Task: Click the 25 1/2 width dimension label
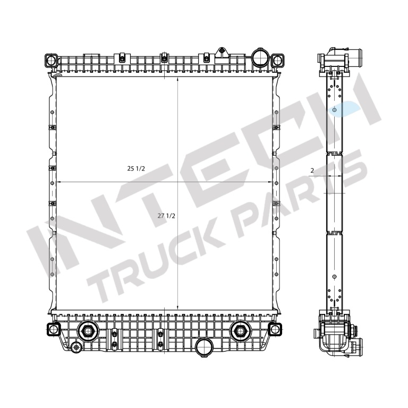click(136, 168)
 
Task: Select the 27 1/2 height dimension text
click(166, 216)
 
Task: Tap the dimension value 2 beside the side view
click(312, 171)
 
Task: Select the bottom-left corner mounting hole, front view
click(53, 329)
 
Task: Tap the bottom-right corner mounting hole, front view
click(275, 329)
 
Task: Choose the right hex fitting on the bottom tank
click(240, 331)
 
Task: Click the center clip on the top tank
click(164, 58)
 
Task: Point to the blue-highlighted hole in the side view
click(334, 110)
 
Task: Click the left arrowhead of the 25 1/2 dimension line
click(57, 182)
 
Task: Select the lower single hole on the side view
click(334, 276)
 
